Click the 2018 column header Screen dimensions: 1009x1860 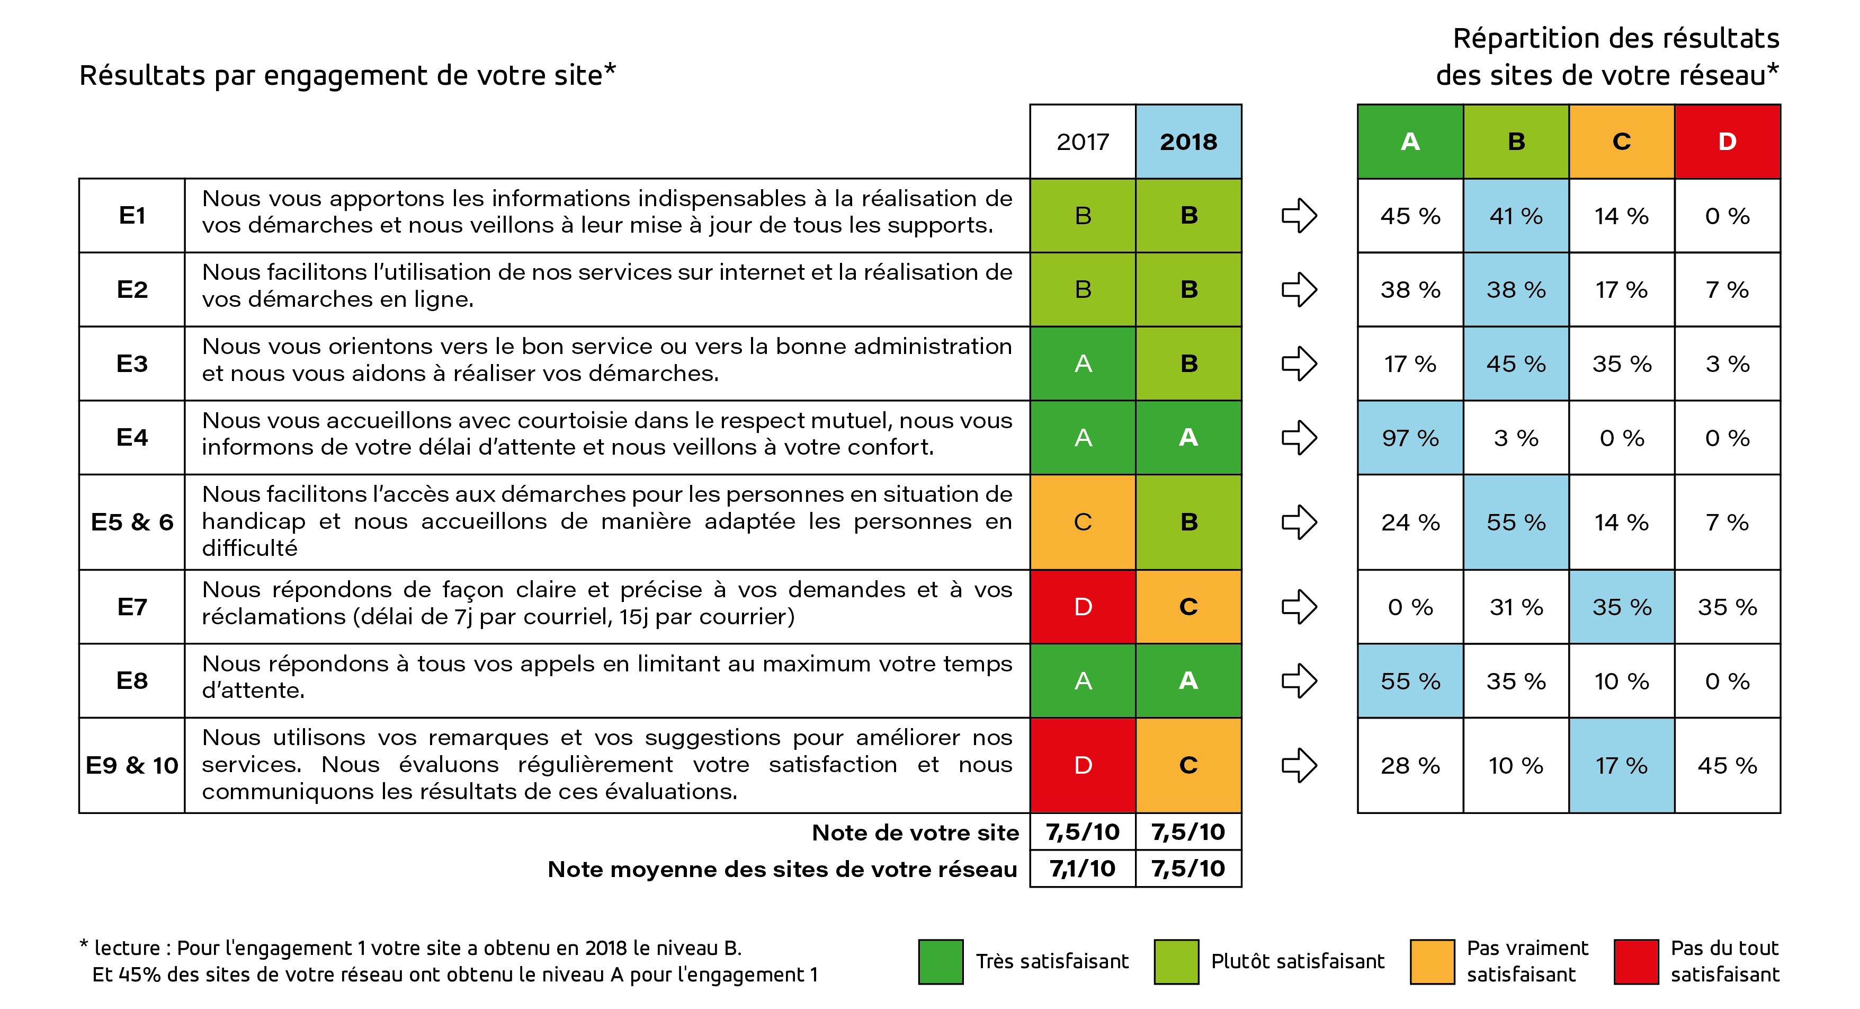click(x=1188, y=141)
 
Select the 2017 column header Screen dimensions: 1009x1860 click(x=1083, y=141)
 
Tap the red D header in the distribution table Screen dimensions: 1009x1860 click(x=1727, y=141)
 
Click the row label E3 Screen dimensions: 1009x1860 click(x=131, y=364)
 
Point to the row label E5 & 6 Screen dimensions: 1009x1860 click(x=131, y=521)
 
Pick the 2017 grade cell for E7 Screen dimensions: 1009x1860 click(x=1083, y=607)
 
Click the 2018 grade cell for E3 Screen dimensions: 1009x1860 click(x=1188, y=364)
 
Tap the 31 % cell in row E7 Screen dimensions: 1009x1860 click(x=1516, y=607)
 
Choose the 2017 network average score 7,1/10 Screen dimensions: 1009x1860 click(x=1083, y=868)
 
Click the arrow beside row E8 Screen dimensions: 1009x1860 click(x=1299, y=680)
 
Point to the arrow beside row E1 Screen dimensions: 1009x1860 click(x=1299, y=215)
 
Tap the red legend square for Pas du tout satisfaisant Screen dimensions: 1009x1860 click(x=1635, y=961)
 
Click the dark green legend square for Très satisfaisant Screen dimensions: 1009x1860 click(x=940, y=961)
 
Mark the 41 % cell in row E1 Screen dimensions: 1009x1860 click(x=1516, y=215)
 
